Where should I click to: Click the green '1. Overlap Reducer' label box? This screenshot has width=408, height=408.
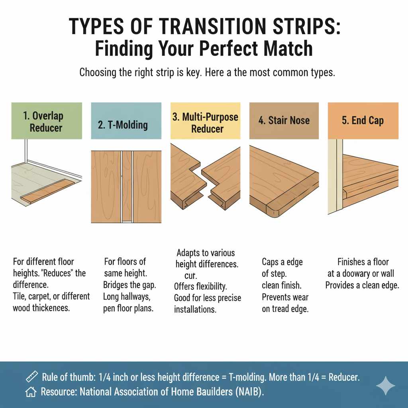pos(47,121)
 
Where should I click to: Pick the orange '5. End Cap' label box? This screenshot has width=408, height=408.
pos(363,121)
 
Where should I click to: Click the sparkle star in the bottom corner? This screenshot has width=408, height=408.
pos(385,386)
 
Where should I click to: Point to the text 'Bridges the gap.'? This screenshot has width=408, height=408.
pos(129,285)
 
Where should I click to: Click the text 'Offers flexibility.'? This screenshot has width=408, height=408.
pos(200,286)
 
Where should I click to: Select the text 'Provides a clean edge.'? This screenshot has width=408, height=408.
pos(362,286)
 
